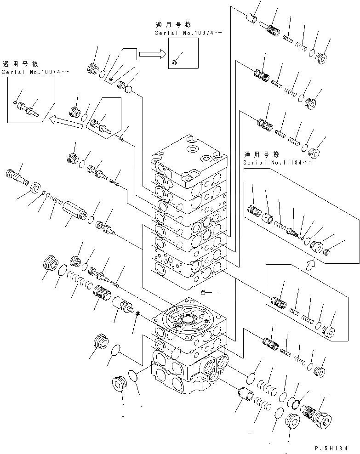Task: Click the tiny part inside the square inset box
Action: coord(175,62)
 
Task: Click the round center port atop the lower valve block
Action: coord(188,319)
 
